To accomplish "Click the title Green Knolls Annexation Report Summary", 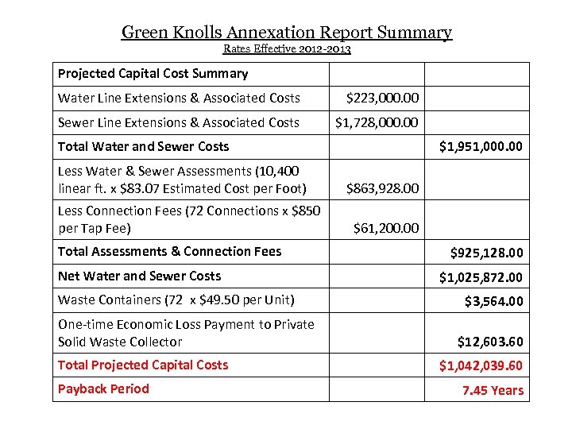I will pyautogui.click(x=286, y=33).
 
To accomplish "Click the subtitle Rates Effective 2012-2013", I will pyautogui.click(x=287, y=49).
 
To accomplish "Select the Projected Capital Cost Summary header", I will pyautogui.click(x=153, y=74).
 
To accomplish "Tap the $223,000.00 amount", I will pyautogui.click(x=382, y=99).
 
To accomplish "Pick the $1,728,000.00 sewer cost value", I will pyautogui.click(x=377, y=123).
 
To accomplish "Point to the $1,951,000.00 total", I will pyautogui.click(x=481, y=147).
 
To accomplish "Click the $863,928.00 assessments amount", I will pyautogui.click(x=382, y=189).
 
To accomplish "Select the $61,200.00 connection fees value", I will pyautogui.click(x=385, y=229).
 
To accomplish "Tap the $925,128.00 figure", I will pyautogui.click(x=486, y=253).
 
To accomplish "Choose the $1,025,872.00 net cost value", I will pyautogui.click(x=481, y=278).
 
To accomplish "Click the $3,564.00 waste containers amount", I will pyautogui.click(x=493, y=302).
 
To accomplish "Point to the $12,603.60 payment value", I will pyautogui.click(x=490, y=342).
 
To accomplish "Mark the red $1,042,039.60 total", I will pyautogui.click(x=481, y=366).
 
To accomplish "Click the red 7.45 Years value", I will pyautogui.click(x=493, y=391).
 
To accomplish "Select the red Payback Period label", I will pyautogui.click(x=103, y=389).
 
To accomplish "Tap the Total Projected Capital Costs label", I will pyautogui.click(x=143, y=365).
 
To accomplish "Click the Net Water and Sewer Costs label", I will pyautogui.click(x=139, y=276).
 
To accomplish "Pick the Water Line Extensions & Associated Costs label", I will pyautogui.click(x=179, y=99).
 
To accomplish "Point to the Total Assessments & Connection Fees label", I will pyautogui.click(x=169, y=252).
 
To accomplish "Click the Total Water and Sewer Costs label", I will pyautogui.click(x=143, y=147).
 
